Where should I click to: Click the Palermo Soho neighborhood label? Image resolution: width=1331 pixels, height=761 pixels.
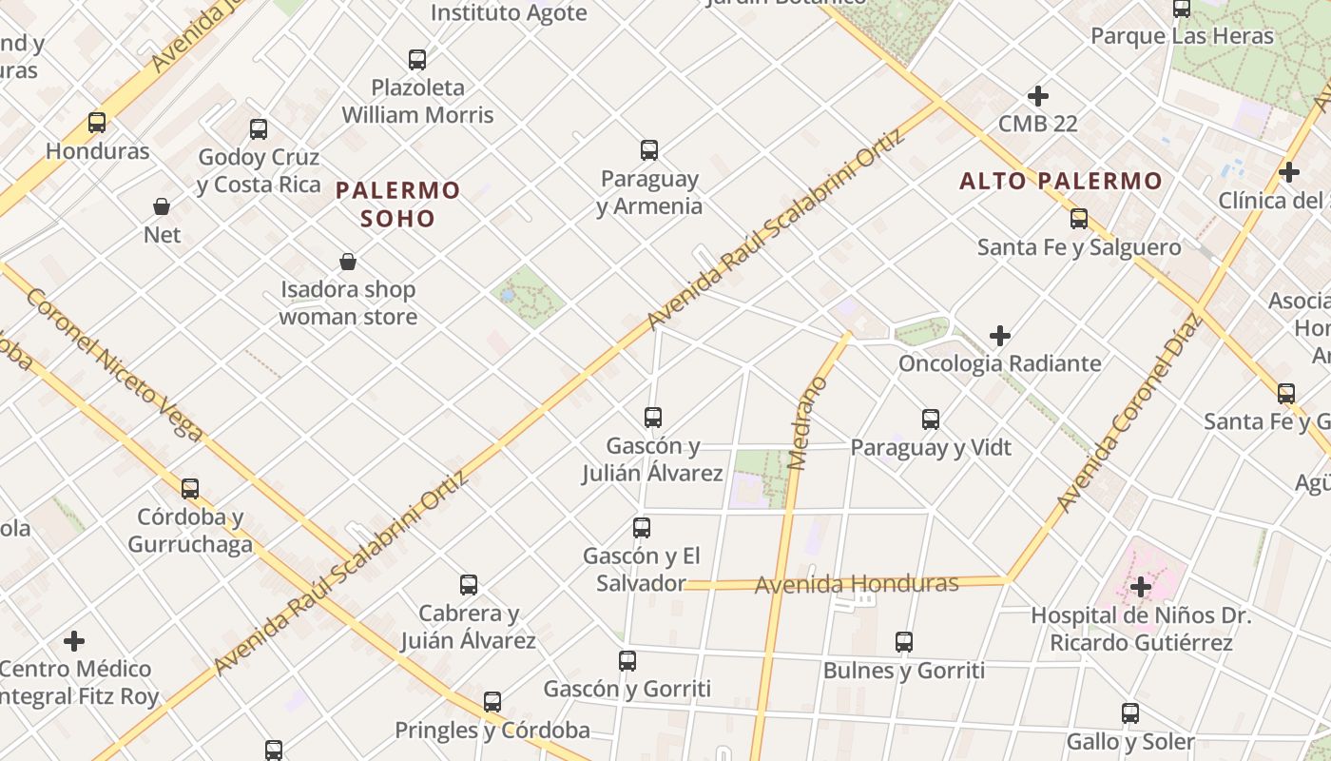[398, 205]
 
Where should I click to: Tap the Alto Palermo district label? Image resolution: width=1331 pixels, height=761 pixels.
[1061, 181]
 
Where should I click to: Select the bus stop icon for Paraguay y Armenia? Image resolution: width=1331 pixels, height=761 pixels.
[649, 150]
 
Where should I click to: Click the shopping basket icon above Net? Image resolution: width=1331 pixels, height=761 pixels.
[162, 206]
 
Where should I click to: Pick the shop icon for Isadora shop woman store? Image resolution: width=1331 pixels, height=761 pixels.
[348, 262]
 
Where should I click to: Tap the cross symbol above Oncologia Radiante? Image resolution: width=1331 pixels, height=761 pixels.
[999, 336]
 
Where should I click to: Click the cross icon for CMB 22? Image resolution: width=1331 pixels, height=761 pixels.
[1038, 96]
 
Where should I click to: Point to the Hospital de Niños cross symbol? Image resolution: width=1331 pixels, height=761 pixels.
[1141, 587]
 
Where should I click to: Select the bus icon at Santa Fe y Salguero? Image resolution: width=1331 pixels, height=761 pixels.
[1079, 219]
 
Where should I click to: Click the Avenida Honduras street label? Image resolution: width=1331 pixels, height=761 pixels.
[857, 583]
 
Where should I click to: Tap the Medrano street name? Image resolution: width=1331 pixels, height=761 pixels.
[808, 423]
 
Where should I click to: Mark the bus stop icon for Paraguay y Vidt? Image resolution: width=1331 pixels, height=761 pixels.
[931, 420]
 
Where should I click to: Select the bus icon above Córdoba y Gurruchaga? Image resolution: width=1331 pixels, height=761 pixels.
[190, 489]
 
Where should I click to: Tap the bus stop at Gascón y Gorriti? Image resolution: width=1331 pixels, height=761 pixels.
[627, 661]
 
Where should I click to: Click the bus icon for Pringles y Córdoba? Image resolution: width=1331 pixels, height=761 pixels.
[492, 702]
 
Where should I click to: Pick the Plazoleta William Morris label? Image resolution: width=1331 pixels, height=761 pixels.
[418, 101]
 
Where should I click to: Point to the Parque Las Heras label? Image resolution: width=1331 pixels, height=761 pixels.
[1182, 36]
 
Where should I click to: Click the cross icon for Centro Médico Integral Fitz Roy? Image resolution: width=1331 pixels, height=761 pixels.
[74, 641]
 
